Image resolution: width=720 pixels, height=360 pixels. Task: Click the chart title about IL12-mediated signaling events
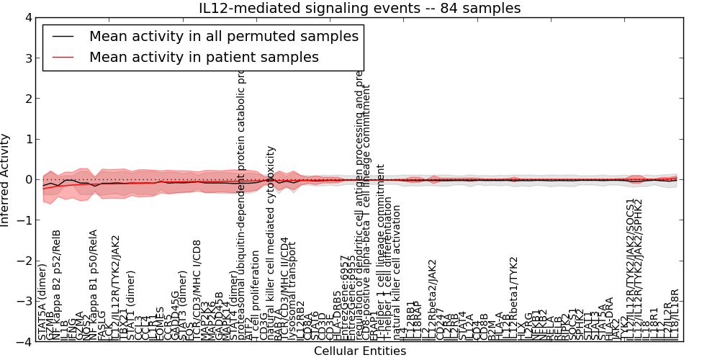pyautogui.click(x=359, y=8)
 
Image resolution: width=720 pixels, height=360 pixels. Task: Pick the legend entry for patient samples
pyautogui.click(x=204, y=57)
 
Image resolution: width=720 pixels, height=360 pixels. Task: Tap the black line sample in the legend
pyautogui.click(x=62, y=36)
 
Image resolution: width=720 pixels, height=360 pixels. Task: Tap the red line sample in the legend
pyautogui.click(x=62, y=57)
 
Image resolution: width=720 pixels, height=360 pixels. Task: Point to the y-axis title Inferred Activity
pyautogui.click(x=6, y=180)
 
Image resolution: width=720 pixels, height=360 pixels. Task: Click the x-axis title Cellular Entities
pyautogui.click(x=359, y=351)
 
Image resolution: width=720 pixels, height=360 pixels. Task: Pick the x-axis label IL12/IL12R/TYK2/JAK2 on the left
pyautogui.click(x=115, y=288)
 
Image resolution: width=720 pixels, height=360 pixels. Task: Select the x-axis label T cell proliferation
pyautogui.click(x=255, y=302)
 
